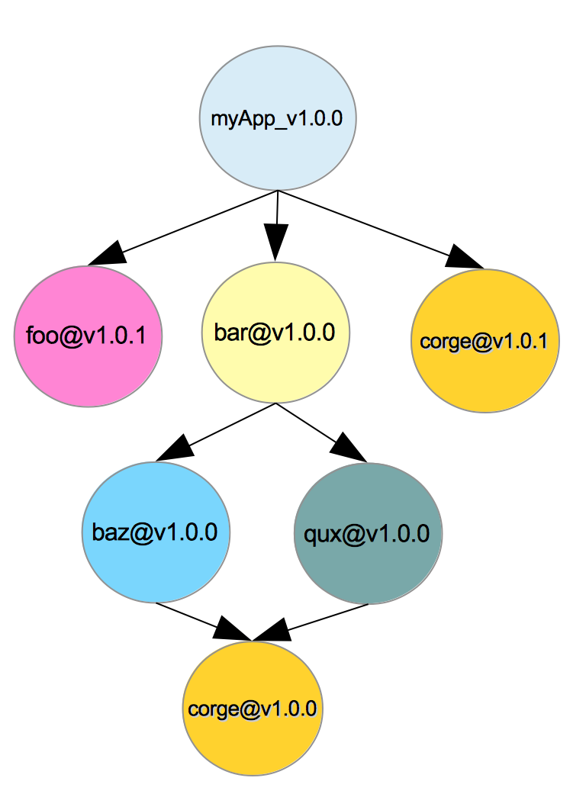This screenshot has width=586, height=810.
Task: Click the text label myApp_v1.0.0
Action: [278, 119]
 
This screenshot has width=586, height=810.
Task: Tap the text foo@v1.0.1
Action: [86, 336]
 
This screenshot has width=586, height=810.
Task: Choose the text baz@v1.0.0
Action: [155, 532]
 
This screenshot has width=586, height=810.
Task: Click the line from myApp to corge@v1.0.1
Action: [366, 223]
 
